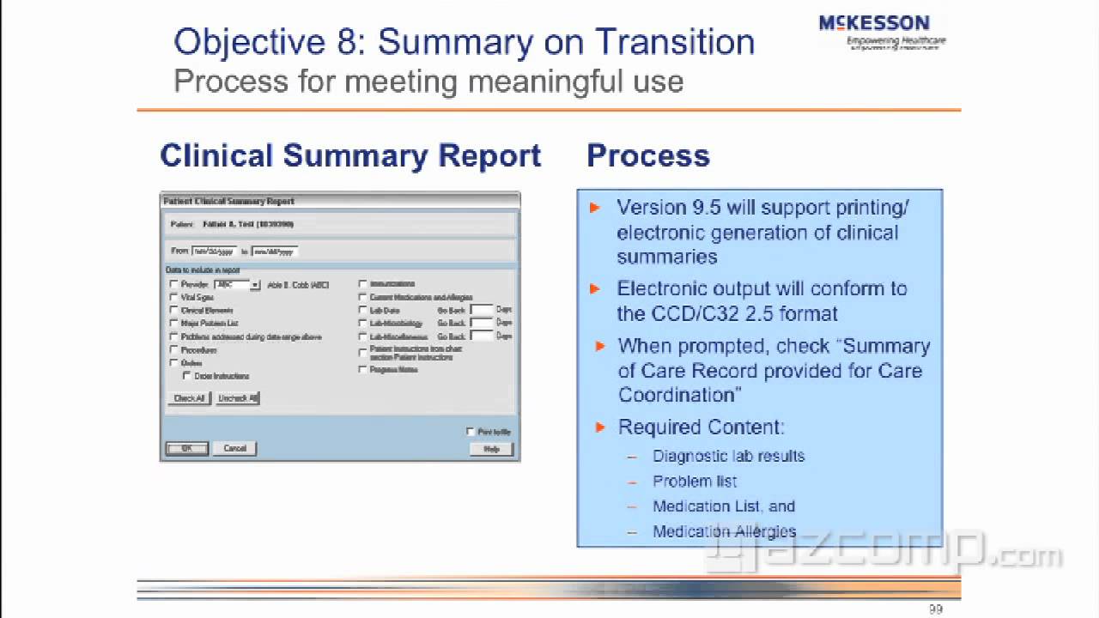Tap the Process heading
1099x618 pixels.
(648, 156)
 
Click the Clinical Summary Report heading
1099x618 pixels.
(350, 156)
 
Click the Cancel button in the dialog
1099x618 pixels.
(234, 448)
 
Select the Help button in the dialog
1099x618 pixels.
(491, 449)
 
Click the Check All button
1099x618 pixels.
(189, 398)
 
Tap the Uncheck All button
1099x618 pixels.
(238, 398)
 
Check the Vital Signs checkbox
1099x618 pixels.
(174, 297)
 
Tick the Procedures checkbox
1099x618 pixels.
(174, 350)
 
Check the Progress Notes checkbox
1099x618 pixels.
(363, 369)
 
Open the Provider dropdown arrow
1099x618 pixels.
(255, 284)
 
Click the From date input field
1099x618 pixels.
(214, 251)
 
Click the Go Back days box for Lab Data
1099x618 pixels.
(481, 309)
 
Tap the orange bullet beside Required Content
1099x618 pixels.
(600, 427)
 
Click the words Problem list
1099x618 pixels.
(694, 482)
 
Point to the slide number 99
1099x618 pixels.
(936, 609)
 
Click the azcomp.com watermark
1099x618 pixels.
(884, 554)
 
